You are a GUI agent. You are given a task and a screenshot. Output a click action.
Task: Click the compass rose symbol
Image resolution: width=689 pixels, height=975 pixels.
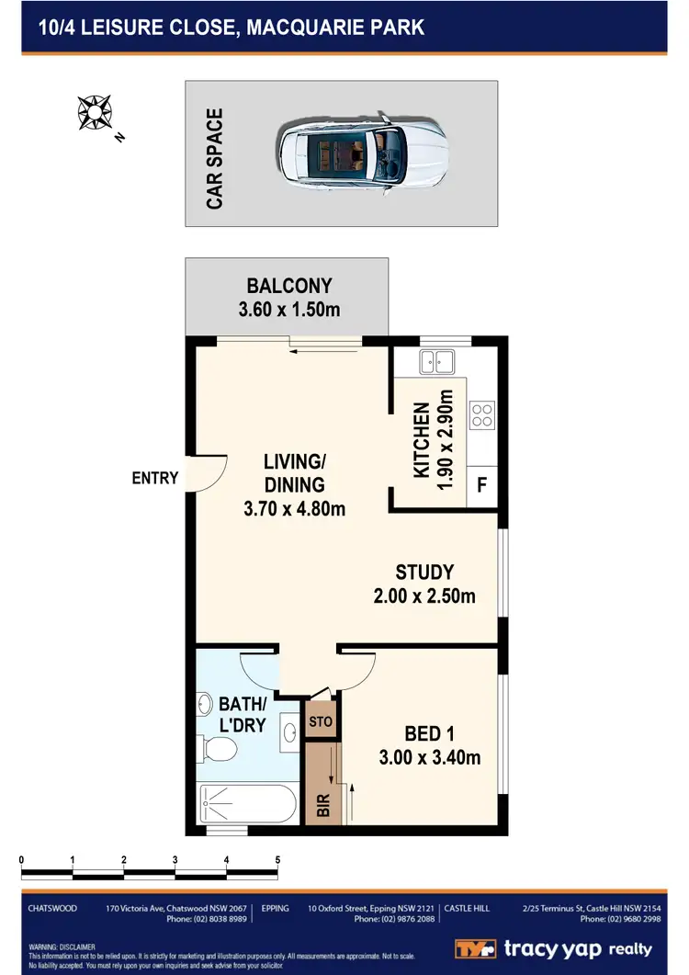[95, 111]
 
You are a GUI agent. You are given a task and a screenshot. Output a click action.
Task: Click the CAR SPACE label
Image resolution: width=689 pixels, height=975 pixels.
[215, 159]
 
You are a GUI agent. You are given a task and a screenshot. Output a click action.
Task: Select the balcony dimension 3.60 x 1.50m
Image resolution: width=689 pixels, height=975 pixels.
[288, 310]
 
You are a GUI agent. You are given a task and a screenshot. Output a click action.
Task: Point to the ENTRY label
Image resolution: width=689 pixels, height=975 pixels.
[155, 478]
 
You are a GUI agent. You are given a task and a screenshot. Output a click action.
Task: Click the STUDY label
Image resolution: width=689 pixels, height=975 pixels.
[424, 572]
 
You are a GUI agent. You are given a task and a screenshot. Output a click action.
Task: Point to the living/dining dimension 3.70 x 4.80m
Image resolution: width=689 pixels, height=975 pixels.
[294, 508]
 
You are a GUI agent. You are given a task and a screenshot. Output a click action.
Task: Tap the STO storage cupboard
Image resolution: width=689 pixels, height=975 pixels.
[321, 721]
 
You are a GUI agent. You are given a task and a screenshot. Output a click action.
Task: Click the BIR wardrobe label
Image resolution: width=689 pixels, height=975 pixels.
[322, 806]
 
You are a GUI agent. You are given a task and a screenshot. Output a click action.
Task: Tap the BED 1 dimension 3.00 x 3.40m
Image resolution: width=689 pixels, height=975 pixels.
[430, 758]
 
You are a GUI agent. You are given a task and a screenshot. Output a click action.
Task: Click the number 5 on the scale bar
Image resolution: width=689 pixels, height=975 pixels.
[277, 860]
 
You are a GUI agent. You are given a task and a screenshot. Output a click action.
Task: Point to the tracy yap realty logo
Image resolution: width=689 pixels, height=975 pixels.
[554, 949]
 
